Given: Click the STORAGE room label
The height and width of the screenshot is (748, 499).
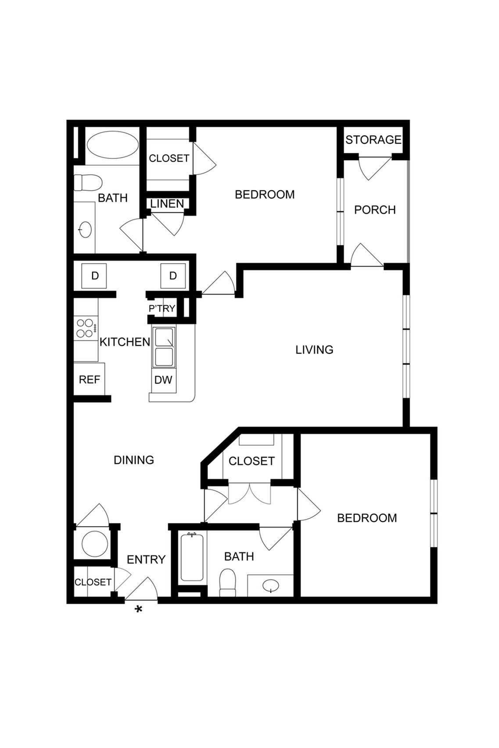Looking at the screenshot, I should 373,140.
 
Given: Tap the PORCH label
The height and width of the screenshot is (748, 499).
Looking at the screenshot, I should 375,210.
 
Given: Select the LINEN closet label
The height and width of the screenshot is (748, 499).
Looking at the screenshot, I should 167,204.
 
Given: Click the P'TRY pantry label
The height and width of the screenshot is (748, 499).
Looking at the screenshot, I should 162,309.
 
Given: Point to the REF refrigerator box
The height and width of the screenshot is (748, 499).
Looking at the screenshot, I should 90,380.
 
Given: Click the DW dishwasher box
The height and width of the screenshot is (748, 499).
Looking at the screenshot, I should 163,380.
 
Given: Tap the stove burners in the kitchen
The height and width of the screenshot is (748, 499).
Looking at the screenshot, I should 85,328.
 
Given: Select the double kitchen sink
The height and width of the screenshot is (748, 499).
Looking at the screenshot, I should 164,347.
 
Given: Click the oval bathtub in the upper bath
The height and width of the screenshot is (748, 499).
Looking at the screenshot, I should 113,145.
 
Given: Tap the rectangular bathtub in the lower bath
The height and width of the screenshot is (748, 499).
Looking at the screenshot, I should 192,557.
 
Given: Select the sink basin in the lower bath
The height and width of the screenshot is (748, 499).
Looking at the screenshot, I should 271,585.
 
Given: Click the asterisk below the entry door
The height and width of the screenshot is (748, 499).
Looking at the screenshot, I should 139,610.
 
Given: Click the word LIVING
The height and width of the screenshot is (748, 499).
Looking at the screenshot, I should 314,350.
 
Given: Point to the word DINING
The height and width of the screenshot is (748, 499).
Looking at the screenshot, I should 134,460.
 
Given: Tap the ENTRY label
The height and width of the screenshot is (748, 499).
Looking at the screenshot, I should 146,560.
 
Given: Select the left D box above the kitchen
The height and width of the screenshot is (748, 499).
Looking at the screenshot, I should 95,276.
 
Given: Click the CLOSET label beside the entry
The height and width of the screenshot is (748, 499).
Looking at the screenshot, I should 93,582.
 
